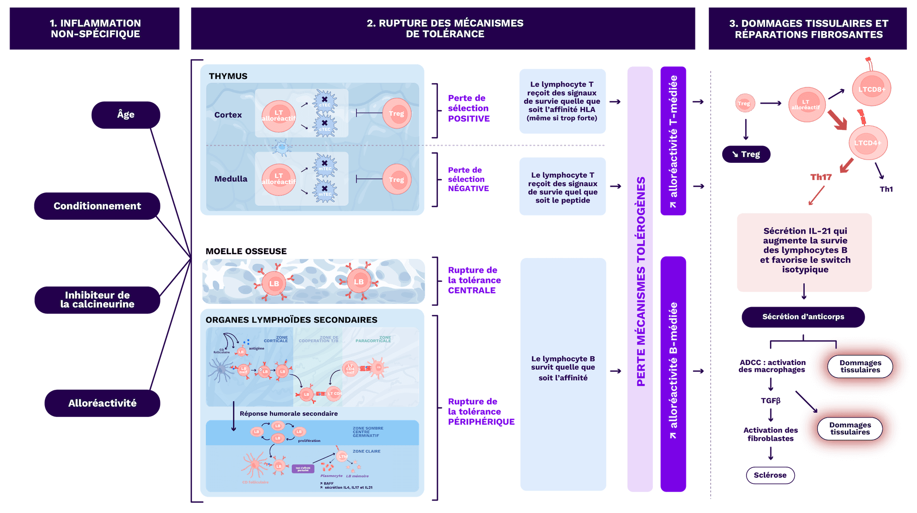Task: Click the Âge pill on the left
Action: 126,115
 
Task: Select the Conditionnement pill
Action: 97,206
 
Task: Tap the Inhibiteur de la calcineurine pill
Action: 97,300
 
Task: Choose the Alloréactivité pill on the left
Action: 102,403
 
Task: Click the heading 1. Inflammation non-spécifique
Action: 95,29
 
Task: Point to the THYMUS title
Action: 228,76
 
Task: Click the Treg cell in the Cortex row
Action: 396,114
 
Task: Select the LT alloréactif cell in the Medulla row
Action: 278,179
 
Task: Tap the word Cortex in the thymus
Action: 228,115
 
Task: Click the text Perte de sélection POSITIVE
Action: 469,108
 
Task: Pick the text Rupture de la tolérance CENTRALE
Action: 474,280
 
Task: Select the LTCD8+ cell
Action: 872,89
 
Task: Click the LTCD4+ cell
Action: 868,143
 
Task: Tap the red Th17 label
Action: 821,177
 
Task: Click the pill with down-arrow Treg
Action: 746,154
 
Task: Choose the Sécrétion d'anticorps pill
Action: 803,317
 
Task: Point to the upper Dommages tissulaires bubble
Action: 860,366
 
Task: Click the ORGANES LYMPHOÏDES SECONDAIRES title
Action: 291,320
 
